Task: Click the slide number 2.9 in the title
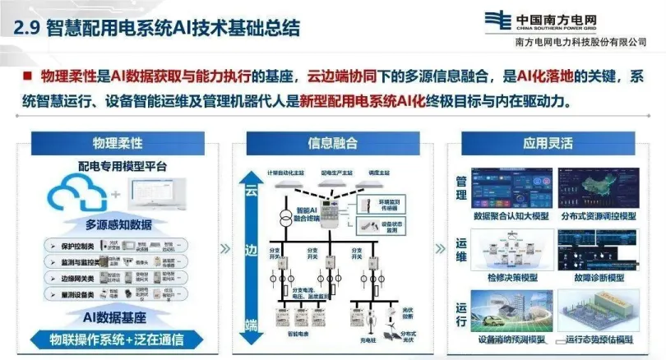click(27, 27)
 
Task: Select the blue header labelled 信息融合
click(332, 143)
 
